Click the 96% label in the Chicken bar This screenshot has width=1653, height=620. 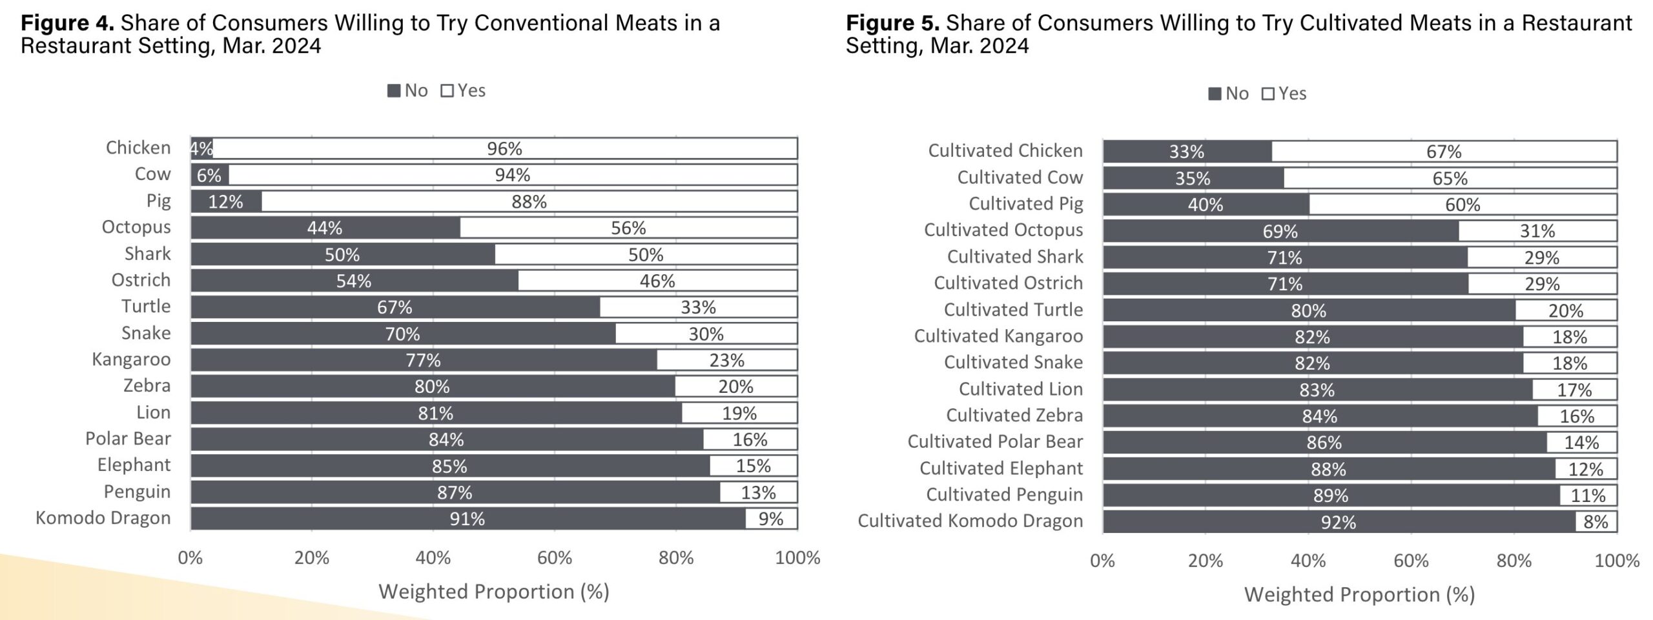504,149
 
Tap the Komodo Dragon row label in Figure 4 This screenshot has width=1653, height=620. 103,518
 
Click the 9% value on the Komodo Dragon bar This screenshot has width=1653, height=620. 770,519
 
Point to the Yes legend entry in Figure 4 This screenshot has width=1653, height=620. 463,91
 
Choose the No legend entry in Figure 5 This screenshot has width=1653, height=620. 1228,94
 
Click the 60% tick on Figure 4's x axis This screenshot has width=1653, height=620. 554,558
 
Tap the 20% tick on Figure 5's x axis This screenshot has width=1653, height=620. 1205,561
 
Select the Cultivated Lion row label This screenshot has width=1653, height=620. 1020,389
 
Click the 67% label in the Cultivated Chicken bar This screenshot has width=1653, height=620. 1444,152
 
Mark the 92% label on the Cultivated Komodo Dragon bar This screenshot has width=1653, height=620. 1338,522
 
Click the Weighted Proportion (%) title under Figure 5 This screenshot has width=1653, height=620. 1359,594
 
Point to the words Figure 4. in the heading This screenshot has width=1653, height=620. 67,23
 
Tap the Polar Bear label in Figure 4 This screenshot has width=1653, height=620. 128,439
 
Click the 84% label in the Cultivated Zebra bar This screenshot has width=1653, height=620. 1319,416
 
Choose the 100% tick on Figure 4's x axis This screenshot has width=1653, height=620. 797,558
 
